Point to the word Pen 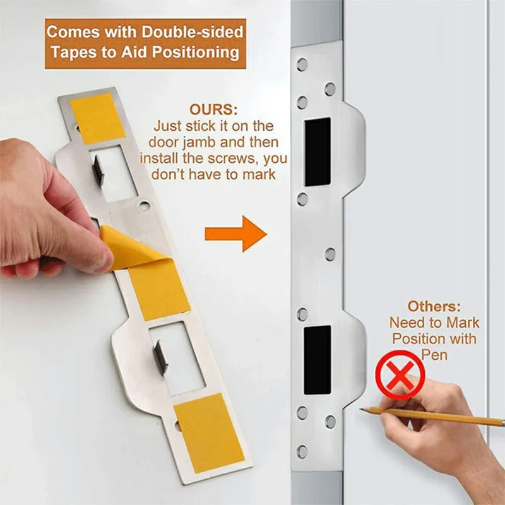coord(434,355)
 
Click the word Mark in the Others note coord(463,323)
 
